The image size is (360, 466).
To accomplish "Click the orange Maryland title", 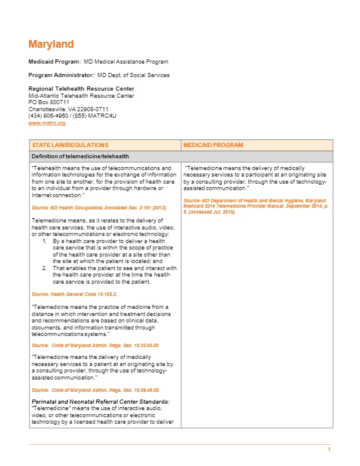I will [x=51, y=45].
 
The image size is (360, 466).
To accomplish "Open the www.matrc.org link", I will [x=47, y=123].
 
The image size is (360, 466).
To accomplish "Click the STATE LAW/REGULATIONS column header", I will [x=70, y=145].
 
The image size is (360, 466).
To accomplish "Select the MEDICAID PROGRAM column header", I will [x=213, y=145].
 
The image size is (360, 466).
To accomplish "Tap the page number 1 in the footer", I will [x=329, y=450].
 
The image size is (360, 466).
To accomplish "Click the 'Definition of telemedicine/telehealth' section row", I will [x=80, y=156].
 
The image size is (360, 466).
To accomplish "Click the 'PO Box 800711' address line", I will [x=49, y=102].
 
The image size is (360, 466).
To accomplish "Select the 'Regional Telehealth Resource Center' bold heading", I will [x=77, y=89].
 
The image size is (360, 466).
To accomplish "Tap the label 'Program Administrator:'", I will [x=61, y=75].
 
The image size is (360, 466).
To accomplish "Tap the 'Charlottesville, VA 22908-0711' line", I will [x=68, y=109].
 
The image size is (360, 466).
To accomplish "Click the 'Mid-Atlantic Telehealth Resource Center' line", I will [x=81, y=96].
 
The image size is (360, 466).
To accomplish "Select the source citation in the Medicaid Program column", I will [x=254, y=206].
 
